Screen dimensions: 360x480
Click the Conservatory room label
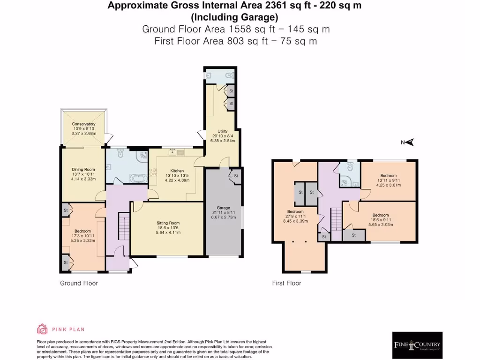(84, 124)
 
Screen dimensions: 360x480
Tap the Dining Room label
(83, 170)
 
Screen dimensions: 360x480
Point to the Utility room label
(223, 131)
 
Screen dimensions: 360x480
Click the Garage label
(223, 208)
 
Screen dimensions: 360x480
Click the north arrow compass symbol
(410, 142)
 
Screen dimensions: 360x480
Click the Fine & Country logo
(417, 345)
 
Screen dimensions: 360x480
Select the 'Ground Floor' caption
(79, 283)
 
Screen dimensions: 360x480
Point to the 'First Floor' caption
(286, 283)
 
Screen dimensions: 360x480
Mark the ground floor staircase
(123, 227)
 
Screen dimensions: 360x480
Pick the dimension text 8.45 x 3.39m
(295, 221)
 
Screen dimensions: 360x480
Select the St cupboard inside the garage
(235, 176)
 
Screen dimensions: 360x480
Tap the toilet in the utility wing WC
(228, 75)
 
